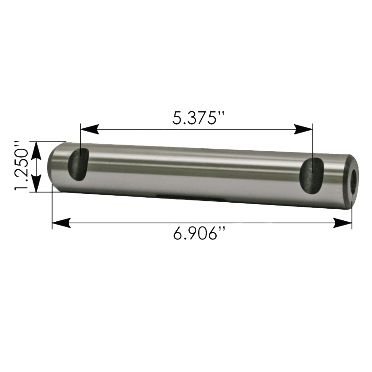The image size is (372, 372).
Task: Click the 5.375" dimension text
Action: coord(198,118)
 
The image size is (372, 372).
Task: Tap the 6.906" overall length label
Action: coord(199,233)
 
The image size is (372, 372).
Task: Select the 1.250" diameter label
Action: coord(21,166)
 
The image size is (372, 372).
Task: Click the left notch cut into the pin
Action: coord(78,165)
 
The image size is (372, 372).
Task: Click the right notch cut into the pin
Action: coord(312,176)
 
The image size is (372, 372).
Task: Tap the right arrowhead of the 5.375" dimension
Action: coord(303,129)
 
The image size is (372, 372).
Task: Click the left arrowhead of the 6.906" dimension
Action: coord(61,223)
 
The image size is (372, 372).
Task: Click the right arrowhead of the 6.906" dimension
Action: coord(342,223)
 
